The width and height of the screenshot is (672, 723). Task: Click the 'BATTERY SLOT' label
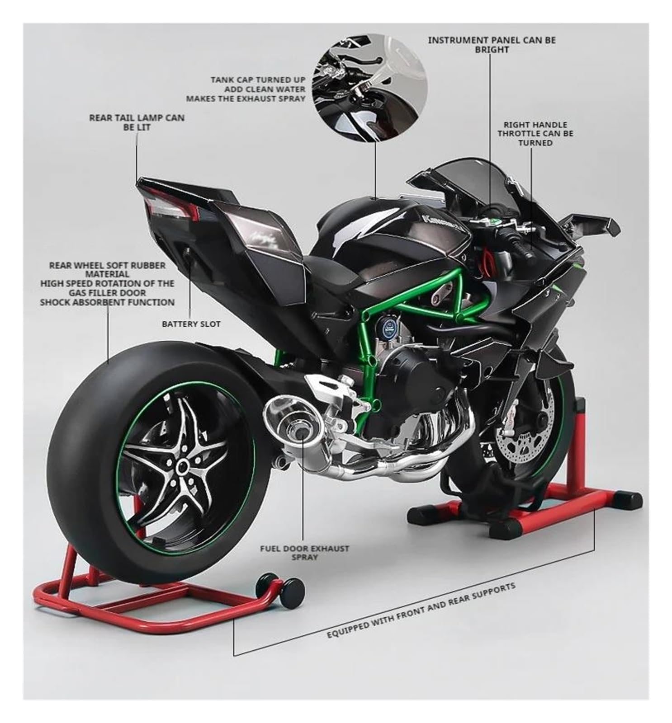(x=191, y=324)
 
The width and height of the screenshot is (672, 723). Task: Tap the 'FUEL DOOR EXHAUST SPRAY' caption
(x=304, y=553)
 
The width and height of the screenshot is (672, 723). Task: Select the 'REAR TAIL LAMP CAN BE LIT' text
(x=137, y=122)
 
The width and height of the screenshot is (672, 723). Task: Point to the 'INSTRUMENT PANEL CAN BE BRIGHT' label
(x=492, y=45)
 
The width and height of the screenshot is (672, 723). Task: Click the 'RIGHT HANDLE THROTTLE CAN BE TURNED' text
(x=535, y=133)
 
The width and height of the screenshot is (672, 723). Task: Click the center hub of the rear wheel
(x=183, y=465)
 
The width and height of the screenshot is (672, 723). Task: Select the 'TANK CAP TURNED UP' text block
(x=246, y=89)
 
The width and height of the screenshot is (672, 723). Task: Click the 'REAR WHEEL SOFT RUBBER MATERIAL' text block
(x=107, y=283)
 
